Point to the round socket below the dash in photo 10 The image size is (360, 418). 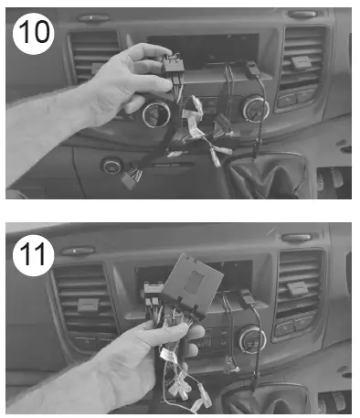click(x=111, y=166)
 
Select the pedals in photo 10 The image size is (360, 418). click(x=331, y=179)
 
